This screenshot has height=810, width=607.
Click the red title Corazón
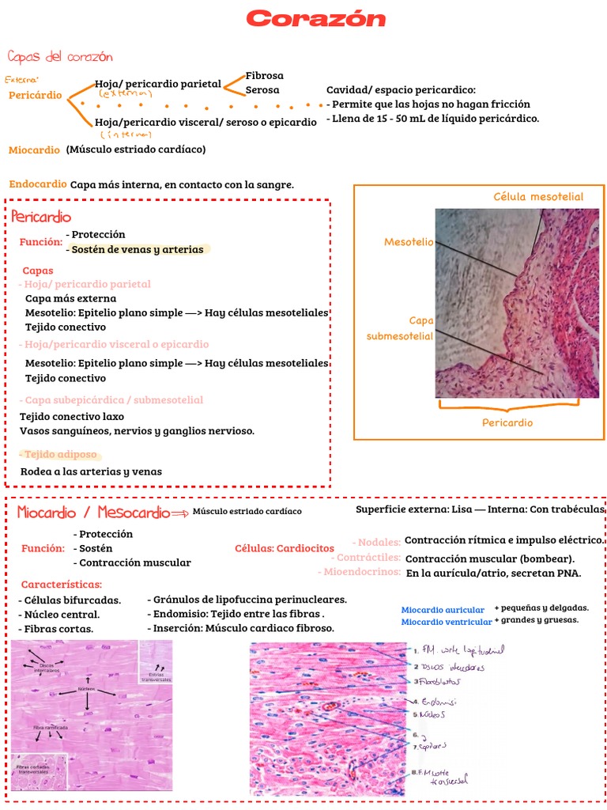(315, 19)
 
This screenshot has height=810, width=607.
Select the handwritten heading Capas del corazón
(60, 57)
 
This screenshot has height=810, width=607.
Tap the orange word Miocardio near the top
(34, 150)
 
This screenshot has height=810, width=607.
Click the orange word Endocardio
(38, 184)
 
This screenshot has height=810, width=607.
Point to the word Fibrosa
(264, 76)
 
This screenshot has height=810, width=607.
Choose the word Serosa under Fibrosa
(262, 90)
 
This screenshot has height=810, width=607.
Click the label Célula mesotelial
(538, 197)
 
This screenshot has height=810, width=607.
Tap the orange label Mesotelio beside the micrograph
(409, 242)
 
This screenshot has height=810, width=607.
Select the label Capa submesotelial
(401, 328)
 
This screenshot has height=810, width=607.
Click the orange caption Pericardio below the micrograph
(507, 422)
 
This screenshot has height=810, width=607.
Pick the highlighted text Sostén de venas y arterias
(138, 250)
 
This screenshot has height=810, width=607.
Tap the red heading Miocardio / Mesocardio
(93, 513)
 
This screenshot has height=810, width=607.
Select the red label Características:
(62, 585)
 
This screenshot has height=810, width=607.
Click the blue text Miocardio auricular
(443, 610)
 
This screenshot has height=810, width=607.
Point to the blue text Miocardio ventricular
(446, 622)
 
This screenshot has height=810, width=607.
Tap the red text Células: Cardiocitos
(285, 548)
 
